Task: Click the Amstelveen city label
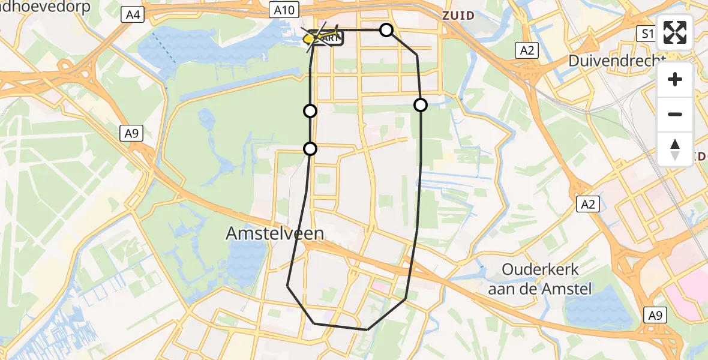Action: pyautogui.click(x=275, y=233)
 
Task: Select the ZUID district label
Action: pyautogui.click(x=458, y=16)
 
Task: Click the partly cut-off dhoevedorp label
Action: pyautogui.click(x=45, y=7)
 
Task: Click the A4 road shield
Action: pyautogui.click(x=132, y=15)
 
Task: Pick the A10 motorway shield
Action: pyautogui.click(x=283, y=10)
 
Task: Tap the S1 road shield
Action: pyautogui.click(x=646, y=34)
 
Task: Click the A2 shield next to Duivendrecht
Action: pyautogui.click(x=527, y=50)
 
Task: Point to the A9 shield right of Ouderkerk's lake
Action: pyautogui.click(x=656, y=314)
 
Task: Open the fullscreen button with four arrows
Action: pyautogui.click(x=675, y=32)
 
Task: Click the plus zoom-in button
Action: pyautogui.click(x=675, y=79)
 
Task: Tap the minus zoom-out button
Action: pyautogui.click(x=675, y=114)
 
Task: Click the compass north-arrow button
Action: pyautogui.click(x=675, y=149)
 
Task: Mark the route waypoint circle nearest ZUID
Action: pyautogui.click(x=386, y=30)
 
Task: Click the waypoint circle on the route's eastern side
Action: pyautogui.click(x=421, y=105)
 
